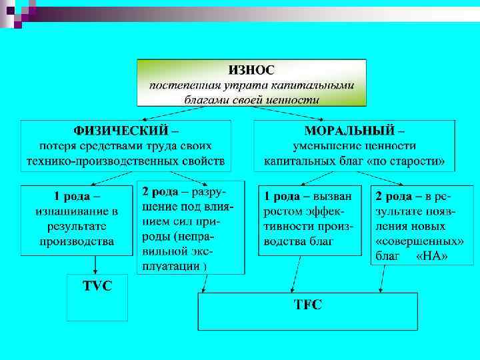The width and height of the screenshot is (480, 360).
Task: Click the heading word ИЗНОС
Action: pyautogui.click(x=251, y=69)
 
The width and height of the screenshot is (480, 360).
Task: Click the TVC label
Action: pyautogui.click(x=97, y=285)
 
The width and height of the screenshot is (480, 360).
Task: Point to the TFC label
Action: pyautogui.click(x=308, y=305)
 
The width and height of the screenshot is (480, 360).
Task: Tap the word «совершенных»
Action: pyautogui.click(x=420, y=241)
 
